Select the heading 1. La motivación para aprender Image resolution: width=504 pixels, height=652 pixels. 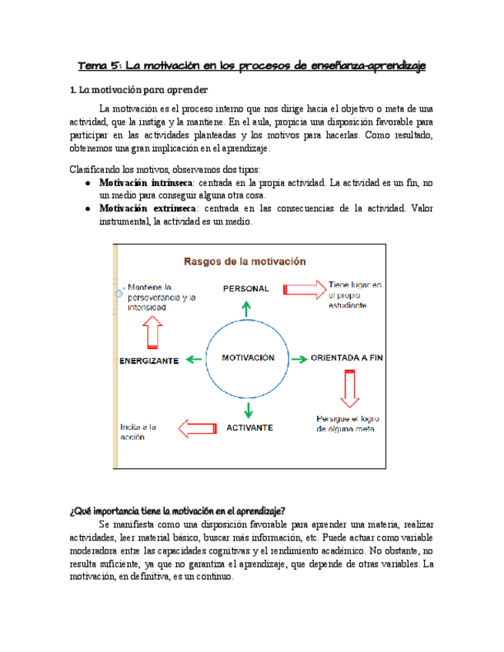[138, 90]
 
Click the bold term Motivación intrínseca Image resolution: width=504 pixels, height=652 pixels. [146, 184]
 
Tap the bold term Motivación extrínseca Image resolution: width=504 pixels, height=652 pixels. [147, 208]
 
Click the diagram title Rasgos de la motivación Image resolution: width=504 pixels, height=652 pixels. [244, 261]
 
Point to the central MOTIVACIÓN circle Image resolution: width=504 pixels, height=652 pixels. [248, 358]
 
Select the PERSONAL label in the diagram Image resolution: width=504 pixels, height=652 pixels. [246, 288]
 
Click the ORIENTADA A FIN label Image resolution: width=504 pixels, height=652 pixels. [346, 358]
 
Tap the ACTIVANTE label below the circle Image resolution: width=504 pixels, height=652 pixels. [249, 427]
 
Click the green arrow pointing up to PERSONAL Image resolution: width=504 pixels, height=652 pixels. [246, 308]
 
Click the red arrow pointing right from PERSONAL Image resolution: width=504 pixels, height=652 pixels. [304, 289]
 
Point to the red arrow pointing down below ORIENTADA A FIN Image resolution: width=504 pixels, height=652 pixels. [350, 388]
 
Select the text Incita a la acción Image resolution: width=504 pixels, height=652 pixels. [139, 431]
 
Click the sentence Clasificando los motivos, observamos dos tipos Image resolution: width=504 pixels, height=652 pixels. [165, 169]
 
